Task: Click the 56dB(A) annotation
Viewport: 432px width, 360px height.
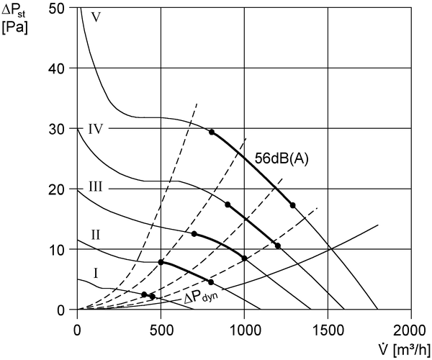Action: coord(282,159)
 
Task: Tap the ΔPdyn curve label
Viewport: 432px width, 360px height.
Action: coord(201,297)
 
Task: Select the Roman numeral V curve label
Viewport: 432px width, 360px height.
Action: coord(96,17)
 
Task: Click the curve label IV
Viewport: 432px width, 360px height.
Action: coord(95,129)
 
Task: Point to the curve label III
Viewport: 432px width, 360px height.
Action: coord(95,186)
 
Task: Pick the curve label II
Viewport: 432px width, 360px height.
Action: coord(95,235)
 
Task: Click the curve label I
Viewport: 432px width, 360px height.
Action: coord(96,274)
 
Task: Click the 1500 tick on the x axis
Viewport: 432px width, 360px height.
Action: coord(328,330)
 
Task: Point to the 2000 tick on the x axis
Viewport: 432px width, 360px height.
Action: coord(410,330)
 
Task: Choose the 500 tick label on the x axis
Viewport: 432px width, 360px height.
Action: coord(161,330)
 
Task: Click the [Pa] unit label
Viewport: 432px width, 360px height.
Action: coord(14,27)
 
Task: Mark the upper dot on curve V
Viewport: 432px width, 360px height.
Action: coord(212,132)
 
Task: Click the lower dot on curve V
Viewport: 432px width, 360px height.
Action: coord(292,205)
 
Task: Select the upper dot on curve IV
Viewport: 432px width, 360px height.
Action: coord(228,204)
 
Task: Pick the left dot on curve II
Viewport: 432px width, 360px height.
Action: coord(161,262)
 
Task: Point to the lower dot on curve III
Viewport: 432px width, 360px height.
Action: coord(244,258)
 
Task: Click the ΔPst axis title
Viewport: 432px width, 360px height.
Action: coord(14,11)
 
